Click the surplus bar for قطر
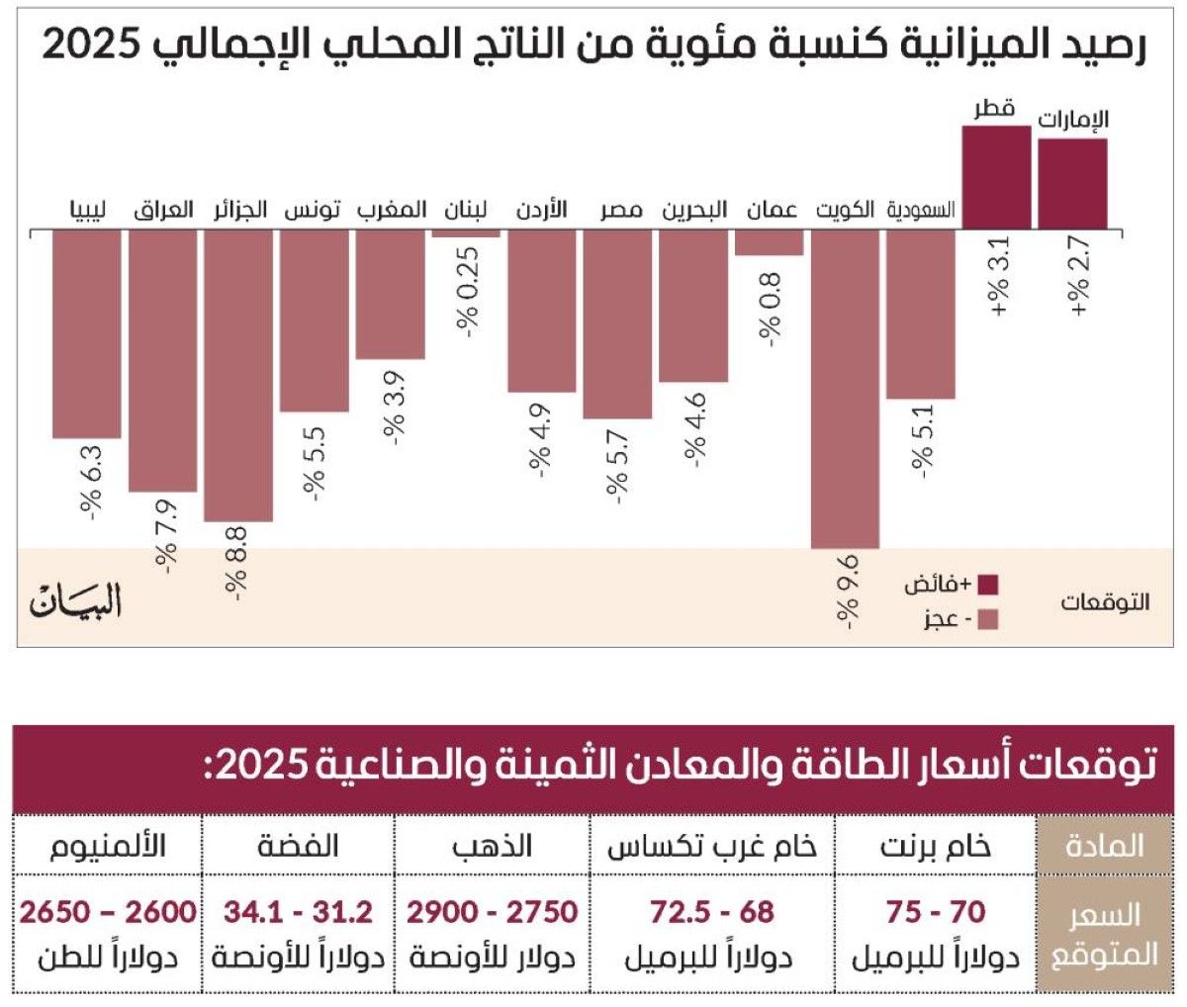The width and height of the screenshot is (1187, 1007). [x=996, y=178]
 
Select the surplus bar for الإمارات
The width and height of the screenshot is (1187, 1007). [x=1072, y=184]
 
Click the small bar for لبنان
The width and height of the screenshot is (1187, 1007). [x=466, y=233]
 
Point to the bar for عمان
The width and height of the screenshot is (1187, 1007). [x=769, y=242]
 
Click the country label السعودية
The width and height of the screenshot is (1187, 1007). [x=920, y=210]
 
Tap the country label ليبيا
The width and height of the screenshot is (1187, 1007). [x=87, y=210]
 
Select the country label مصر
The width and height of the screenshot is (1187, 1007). [x=620, y=210]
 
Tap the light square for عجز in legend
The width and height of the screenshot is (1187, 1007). [x=987, y=620]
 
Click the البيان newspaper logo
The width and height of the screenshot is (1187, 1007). [x=76, y=600]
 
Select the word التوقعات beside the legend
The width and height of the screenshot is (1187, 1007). [x=1105, y=601]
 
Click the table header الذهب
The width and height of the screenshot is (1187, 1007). [x=492, y=846]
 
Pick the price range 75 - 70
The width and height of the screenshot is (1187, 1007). [x=935, y=911]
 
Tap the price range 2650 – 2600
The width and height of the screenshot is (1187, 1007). [x=108, y=911]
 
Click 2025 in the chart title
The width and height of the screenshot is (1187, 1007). [x=91, y=46]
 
